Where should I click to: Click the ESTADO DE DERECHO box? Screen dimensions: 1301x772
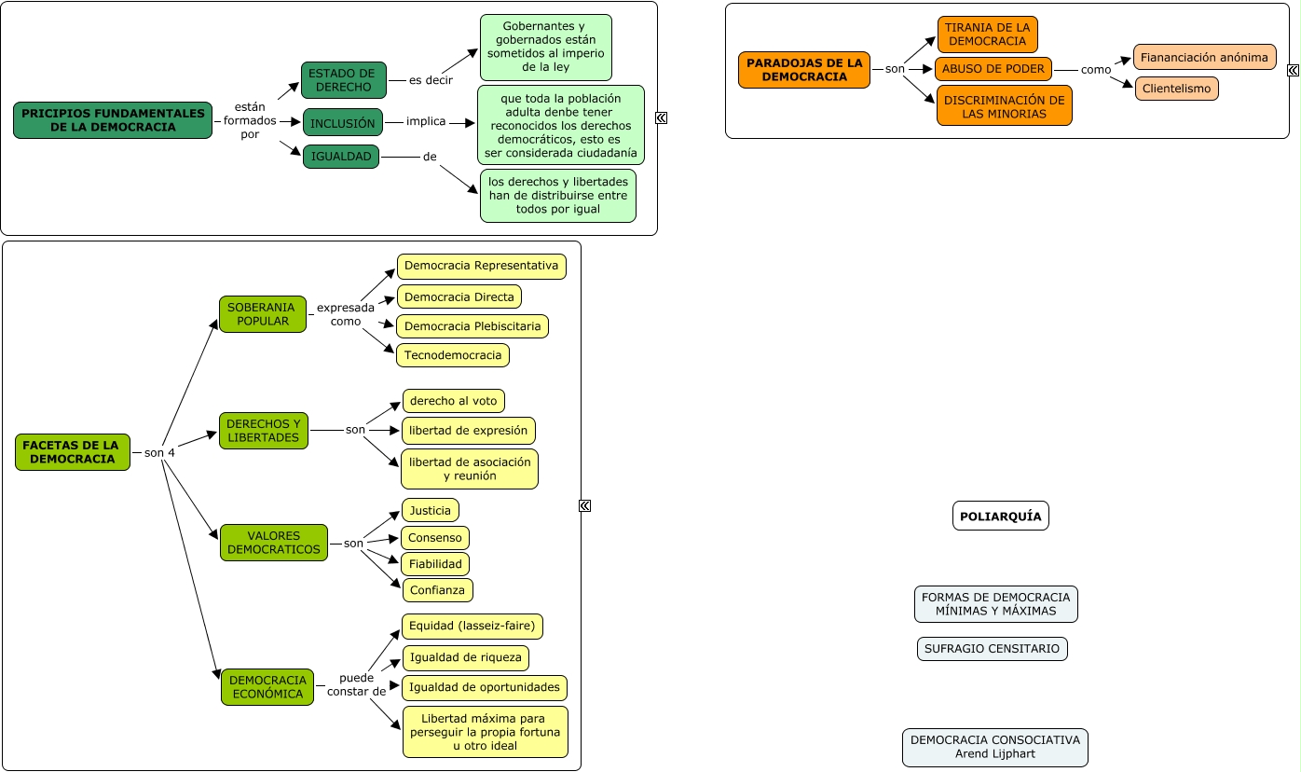tap(343, 80)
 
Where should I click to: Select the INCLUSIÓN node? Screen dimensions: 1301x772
tap(343, 122)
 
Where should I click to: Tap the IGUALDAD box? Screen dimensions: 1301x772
tap(341, 157)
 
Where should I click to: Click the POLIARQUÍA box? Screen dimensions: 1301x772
tap(1000, 516)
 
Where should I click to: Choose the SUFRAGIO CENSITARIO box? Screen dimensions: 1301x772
tap(992, 648)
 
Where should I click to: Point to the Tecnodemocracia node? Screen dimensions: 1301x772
tap(452, 355)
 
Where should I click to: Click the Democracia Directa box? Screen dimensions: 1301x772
tap(459, 296)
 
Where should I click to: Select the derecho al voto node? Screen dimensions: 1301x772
tap(453, 401)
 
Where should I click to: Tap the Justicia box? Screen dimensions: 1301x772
tap(430, 511)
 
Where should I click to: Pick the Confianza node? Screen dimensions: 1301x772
tap(437, 590)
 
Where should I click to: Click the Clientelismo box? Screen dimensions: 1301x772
tap(1176, 89)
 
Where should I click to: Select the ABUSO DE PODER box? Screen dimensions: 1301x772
tap(993, 69)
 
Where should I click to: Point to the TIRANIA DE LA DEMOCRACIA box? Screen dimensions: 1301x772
tap(987, 34)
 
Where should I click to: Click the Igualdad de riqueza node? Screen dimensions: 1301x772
tap(465, 657)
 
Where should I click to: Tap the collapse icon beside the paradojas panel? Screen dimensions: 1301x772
tap(1293, 70)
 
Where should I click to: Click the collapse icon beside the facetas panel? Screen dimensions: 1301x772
tap(585, 506)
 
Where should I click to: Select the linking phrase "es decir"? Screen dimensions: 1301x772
tap(431, 80)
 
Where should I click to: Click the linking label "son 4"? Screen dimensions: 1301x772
tap(159, 452)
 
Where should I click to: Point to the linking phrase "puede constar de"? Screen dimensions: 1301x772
tap(356, 685)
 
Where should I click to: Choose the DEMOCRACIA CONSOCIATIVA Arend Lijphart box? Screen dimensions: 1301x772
tap(995, 748)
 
